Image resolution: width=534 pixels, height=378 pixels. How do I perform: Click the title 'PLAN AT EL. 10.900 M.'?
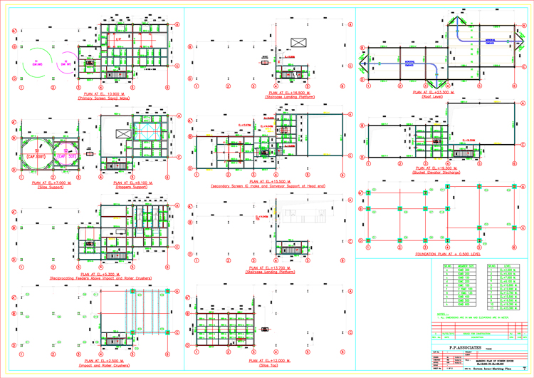[100, 93]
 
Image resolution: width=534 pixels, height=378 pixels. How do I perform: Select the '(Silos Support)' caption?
[48, 186]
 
